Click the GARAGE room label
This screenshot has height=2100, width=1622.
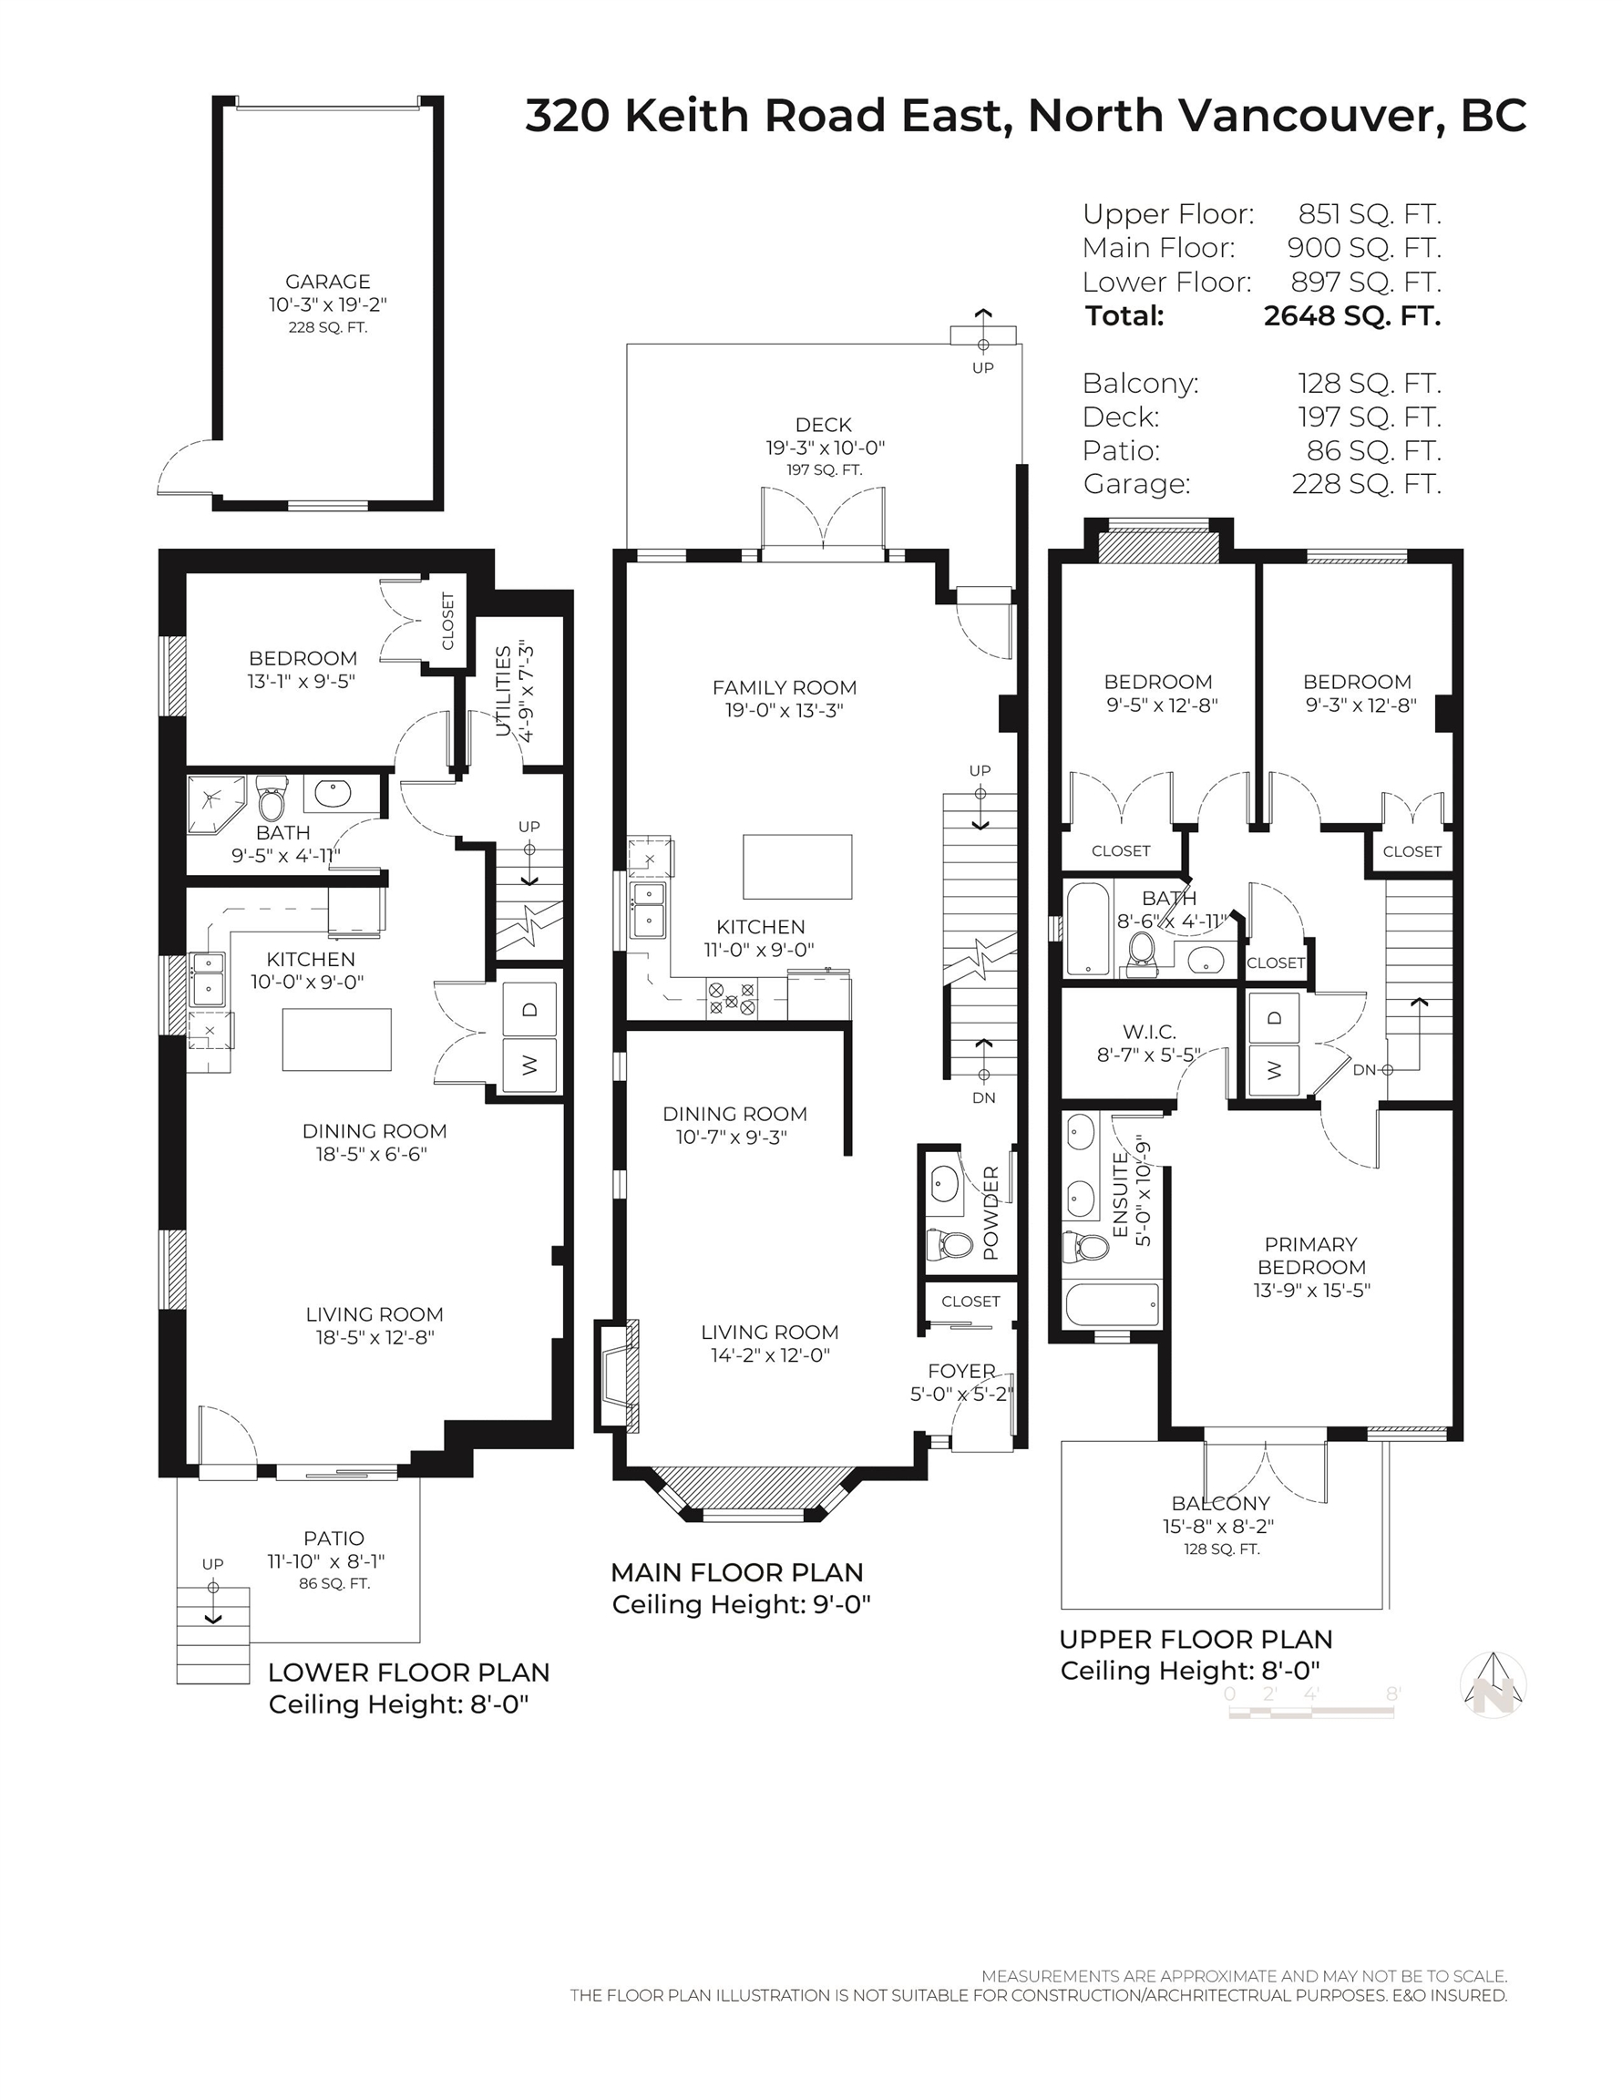pos(328,282)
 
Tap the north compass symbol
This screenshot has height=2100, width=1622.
pos(1494,1684)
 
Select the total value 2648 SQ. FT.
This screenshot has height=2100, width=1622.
pos(1352,315)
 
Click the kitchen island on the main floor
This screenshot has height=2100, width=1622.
pos(797,865)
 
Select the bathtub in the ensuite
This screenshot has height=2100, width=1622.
pos(1113,1304)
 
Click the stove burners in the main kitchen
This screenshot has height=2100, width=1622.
pos(732,997)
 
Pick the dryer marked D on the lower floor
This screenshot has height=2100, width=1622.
pos(529,1010)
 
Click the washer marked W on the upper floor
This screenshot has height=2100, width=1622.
pos(1274,1069)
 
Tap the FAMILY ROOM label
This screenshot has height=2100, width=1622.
pos(785,687)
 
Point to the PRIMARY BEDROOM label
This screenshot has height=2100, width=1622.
pos(1311,1256)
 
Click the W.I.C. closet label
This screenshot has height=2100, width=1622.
pos(1149,1032)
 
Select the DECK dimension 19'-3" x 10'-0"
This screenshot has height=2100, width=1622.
pos(825,448)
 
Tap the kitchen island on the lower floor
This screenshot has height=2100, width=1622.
pos(336,1039)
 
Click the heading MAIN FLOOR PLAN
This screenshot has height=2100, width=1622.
pos(736,1572)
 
